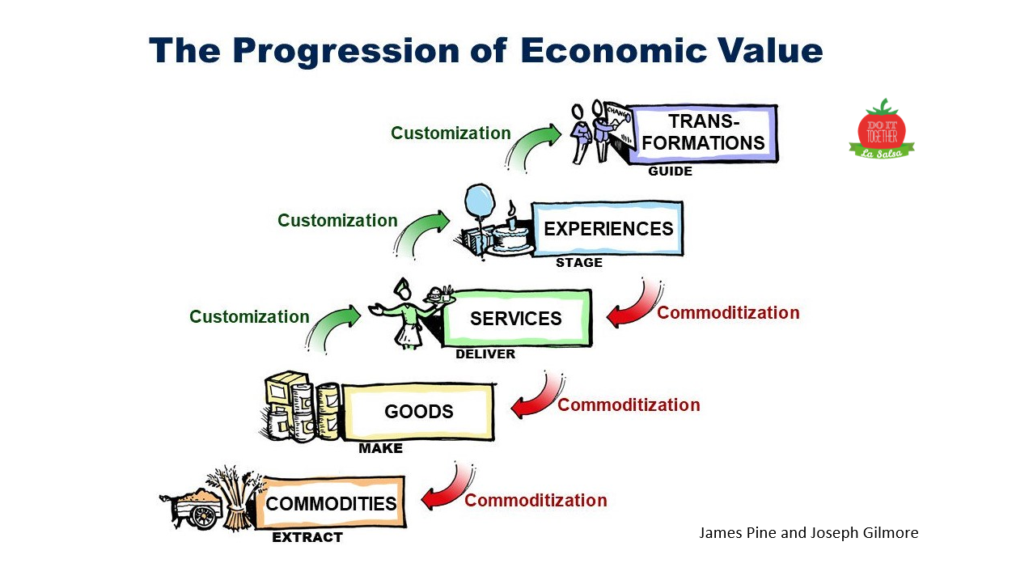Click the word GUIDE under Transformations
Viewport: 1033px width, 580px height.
pyautogui.click(x=670, y=171)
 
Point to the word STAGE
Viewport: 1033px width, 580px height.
pyautogui.click(x=578, y=262)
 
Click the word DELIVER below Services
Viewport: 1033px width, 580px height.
pyautogui.click(x=485, y=354)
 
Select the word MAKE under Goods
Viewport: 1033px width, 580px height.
pyautogui.click(x=380, y=447)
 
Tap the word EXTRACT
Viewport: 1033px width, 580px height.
pyautogui.click(x=307, y=537)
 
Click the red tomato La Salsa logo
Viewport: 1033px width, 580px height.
pyautogui.click(x=881, y=129)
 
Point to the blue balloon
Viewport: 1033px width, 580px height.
pyautogui.click(x=480, y=201)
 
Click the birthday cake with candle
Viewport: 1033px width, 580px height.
pyautogui.click(x=511, y=236)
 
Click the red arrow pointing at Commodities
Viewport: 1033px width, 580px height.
pyautogui.click(x=450, y=490)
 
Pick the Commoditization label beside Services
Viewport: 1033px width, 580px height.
pyautogui.click(x=728, y=312)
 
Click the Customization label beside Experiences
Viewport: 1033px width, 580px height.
pyautogui.click(x=337, y=220)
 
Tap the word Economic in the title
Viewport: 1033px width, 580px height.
pyautogui.click(x=613, y=50)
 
